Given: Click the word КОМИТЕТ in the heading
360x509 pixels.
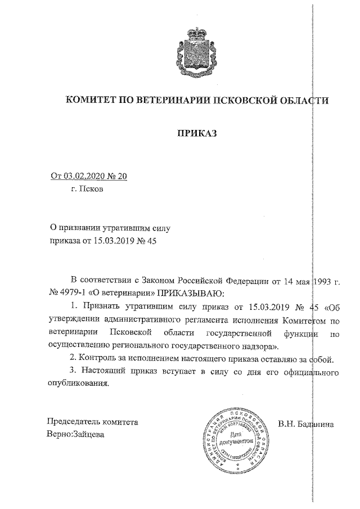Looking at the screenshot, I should coord(92,101).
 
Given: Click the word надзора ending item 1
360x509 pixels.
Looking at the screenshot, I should coord(256,346).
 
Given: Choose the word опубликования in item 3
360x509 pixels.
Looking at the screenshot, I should coord(78,385).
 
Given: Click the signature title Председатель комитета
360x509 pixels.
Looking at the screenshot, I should coord(92,422).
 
